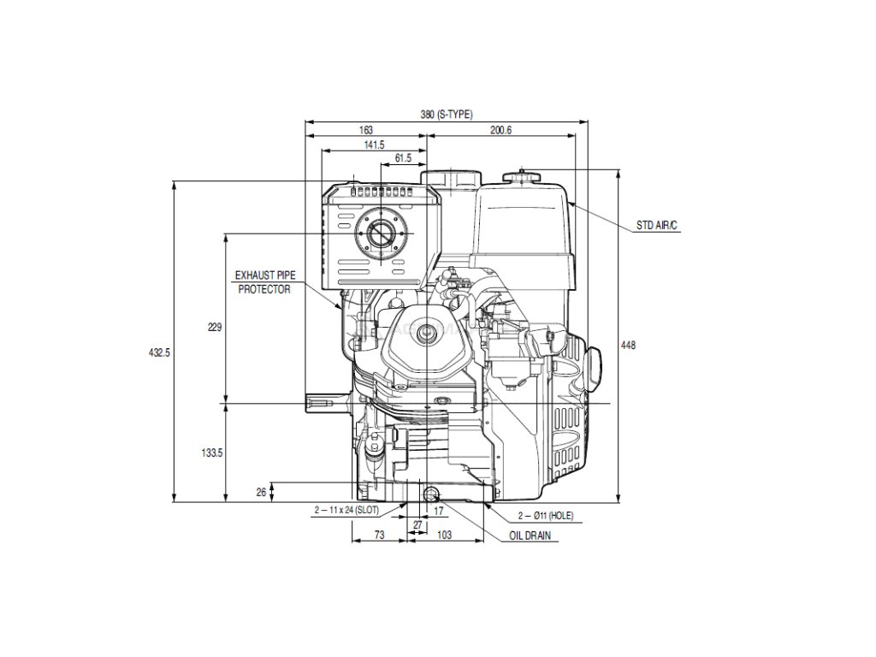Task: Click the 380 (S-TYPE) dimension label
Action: pyautogui.click(x=447, y=115)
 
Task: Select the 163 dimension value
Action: pyautogui.click(x=366, y=130)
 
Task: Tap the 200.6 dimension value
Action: pyautogui.click(x=500, y=130)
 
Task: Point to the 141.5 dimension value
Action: pyautogui.click(x=375, y=145)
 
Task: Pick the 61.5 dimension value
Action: pyautogui.click(x=403, y=158)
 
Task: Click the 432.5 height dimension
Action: pyautogui.click(x=159, y=352)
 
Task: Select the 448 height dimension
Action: pyautogui.click(x=629, y=346)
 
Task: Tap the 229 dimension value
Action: pyautogui.click(x=215, y=328)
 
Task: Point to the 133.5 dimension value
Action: pyautogui.click(x=212, y=453)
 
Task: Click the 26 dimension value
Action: pyautogui.click(x=262, y=493)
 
